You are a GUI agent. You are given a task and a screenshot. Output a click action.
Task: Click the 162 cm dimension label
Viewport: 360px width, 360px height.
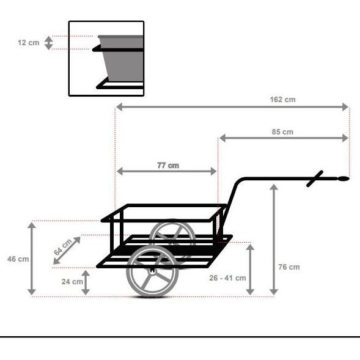(x=282, y=99)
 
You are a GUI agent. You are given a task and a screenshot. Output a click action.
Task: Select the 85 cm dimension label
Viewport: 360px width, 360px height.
(x=282, y=131)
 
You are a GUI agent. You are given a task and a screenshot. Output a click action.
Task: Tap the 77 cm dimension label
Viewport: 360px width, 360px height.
(x=168, y=165)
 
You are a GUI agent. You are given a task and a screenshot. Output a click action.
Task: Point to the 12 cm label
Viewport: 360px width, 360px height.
(x=28, y=43)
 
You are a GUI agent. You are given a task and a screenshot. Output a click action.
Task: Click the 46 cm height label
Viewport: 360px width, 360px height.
(x=18, y=259)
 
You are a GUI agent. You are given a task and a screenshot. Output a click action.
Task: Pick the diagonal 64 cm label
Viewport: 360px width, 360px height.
(x=63, y=247)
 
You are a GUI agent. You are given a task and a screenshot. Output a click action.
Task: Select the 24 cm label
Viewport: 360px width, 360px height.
(x=73, y=282)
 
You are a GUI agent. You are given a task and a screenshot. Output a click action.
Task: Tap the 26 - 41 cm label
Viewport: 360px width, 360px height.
(x=227, y=277)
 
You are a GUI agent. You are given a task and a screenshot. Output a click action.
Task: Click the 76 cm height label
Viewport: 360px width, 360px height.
(x=289, y=267)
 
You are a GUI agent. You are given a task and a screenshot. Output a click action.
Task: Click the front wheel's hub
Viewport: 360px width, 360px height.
(x=152, y=270)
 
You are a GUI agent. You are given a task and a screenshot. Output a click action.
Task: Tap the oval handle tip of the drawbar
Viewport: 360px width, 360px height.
(x=343, y=179)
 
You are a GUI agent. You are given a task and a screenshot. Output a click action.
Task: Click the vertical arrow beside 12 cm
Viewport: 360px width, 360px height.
(x=50, y=43)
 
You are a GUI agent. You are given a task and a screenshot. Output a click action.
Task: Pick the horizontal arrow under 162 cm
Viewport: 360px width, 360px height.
(x=232, y=107)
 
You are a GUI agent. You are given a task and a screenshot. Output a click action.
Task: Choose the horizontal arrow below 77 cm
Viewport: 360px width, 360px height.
(x=167, y=172)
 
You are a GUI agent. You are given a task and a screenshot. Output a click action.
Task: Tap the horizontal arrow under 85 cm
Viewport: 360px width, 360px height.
(x=284, y=138)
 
